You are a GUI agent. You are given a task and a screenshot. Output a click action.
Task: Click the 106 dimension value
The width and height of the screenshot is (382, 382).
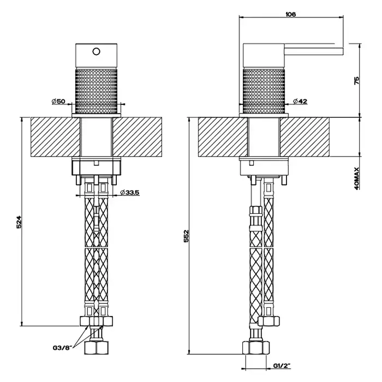tap(290, 14)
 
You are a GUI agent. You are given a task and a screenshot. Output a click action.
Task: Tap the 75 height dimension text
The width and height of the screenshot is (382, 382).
tap(357, 80)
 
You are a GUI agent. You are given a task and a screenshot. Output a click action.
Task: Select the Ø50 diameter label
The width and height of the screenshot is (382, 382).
tap(58, 101)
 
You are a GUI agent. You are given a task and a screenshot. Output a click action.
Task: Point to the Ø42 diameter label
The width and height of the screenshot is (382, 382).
tap(300, 101)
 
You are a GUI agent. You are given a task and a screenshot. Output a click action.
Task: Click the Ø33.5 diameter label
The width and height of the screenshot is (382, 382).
tap(130, 193)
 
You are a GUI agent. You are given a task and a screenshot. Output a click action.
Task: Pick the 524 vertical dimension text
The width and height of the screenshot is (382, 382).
tap(19, 222)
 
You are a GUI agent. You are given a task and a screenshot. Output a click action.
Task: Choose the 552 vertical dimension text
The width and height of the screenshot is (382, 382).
tap(186, 236)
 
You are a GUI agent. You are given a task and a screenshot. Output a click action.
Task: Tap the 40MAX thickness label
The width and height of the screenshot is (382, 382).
tap(357, 178)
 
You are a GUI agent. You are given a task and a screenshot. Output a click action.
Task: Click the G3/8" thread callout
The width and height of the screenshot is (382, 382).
tap(63, 348)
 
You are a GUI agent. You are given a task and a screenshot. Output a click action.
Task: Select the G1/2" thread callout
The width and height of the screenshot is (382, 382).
tap(282, 366)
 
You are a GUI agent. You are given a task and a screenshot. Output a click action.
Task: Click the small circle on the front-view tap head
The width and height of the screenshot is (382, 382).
tap(97, 51)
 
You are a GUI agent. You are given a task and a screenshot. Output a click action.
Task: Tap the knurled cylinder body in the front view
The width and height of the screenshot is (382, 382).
tap(96, 91)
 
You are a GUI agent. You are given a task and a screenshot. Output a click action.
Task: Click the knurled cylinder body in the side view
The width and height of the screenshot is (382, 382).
tap(264, 91)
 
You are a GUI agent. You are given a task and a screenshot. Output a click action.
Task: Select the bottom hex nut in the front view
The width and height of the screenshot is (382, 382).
tap(96, 348)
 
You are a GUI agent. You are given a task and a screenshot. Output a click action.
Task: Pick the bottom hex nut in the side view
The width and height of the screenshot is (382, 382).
tap(256, 348)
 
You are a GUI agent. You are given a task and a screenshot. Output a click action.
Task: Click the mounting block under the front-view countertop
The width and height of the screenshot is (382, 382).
tap(97, 166)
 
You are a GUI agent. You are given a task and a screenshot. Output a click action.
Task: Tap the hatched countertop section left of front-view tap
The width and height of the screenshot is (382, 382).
tap(55, 137)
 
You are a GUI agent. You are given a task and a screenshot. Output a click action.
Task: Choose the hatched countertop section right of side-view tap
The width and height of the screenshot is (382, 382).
tap(305, 137)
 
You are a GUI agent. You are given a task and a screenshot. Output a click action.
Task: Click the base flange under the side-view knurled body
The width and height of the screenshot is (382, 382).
tap(264, 116)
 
